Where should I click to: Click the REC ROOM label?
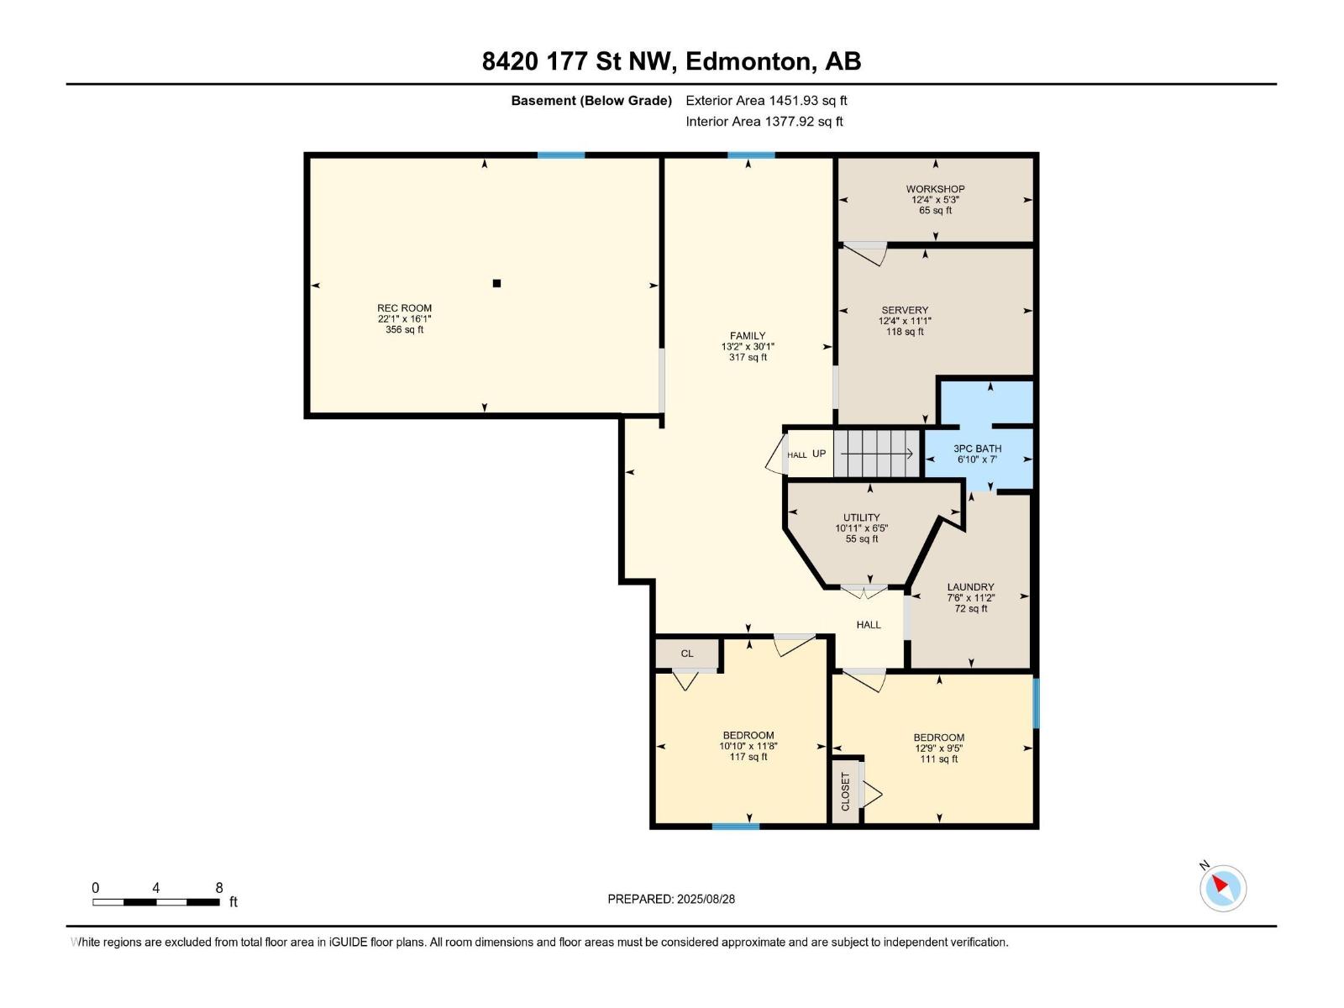(x=404, y=307)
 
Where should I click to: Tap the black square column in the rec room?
(x=496, y=283)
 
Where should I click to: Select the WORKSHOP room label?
(x=935, y=189)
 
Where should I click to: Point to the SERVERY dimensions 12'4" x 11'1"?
(x=905, y=321)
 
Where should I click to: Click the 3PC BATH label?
(x=977, y=449)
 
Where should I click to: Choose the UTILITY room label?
(x=862, y=517)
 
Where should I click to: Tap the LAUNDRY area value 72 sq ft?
(x=970, y=608)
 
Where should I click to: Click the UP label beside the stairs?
(x=819, y=454)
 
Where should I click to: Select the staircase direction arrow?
(x=876, y=454)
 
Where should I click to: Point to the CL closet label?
(x=687, y=654)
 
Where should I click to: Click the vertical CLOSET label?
(x=846, y=791)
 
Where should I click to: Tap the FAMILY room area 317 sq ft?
(x=748, y=357)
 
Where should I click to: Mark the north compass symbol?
(x=1222, y=888)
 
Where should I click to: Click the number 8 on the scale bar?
(x=219, y=887)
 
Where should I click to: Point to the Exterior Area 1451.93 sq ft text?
(x=766, y=100)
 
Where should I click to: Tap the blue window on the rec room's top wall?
(x=561, y=155)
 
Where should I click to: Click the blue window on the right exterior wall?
(x=1036, y=703)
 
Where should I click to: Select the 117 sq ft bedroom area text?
(x=748, y=757)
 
